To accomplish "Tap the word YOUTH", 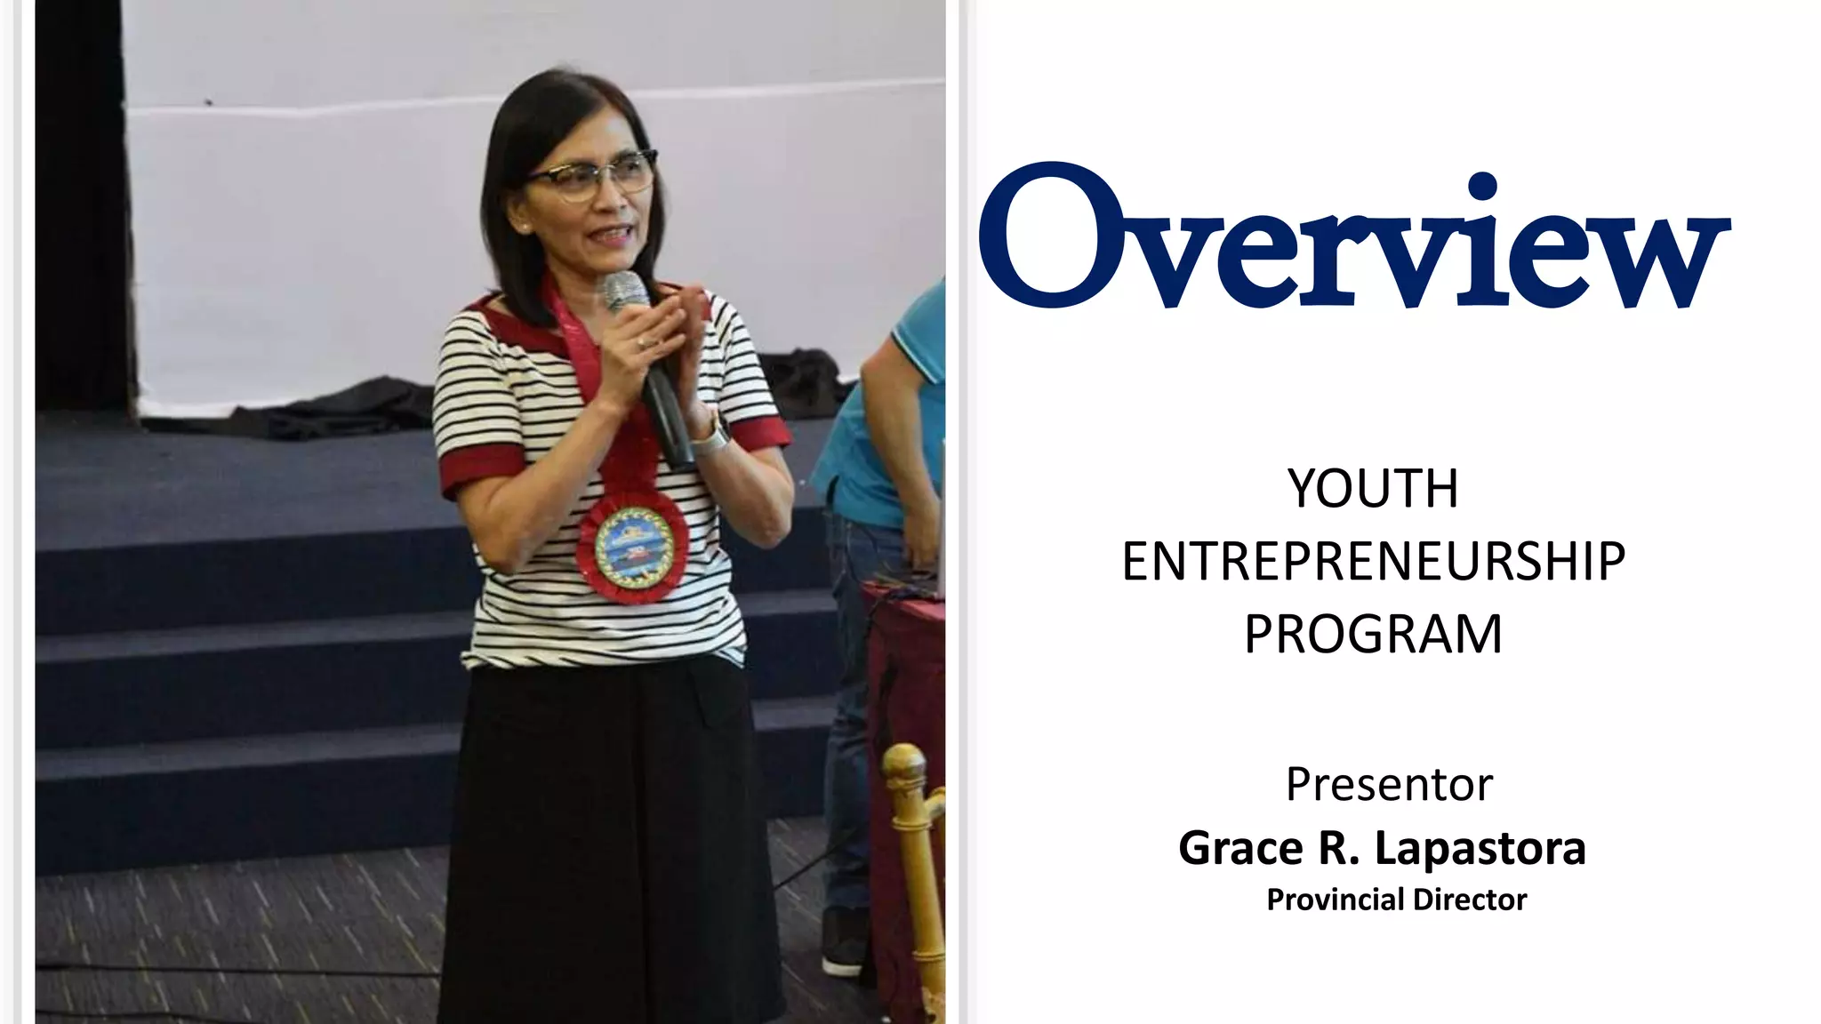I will [x=1373, y=489].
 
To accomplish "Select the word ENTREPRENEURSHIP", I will [x=1373, y=562].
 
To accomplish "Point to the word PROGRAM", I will [x=1373, y=635].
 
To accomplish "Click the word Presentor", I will [x=1389, y=785].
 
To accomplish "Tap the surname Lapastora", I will [x=1480, y=848].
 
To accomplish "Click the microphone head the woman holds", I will [x=625, y=292].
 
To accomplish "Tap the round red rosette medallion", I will [x=633, y=542].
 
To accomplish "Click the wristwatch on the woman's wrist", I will [x=710, y=435].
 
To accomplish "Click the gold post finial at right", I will [x=904, y=770].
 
